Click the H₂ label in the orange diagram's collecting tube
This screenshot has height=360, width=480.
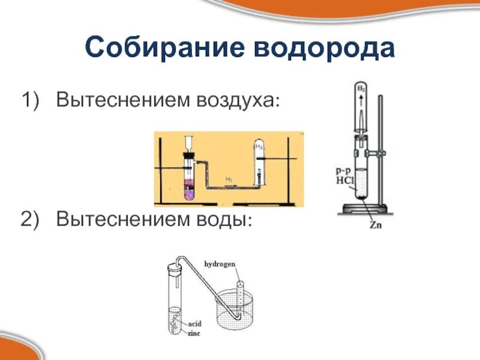click(259, 146)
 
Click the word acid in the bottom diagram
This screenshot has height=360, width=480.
click(196, 323)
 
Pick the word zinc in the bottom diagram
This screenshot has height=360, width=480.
click(196, 332)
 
